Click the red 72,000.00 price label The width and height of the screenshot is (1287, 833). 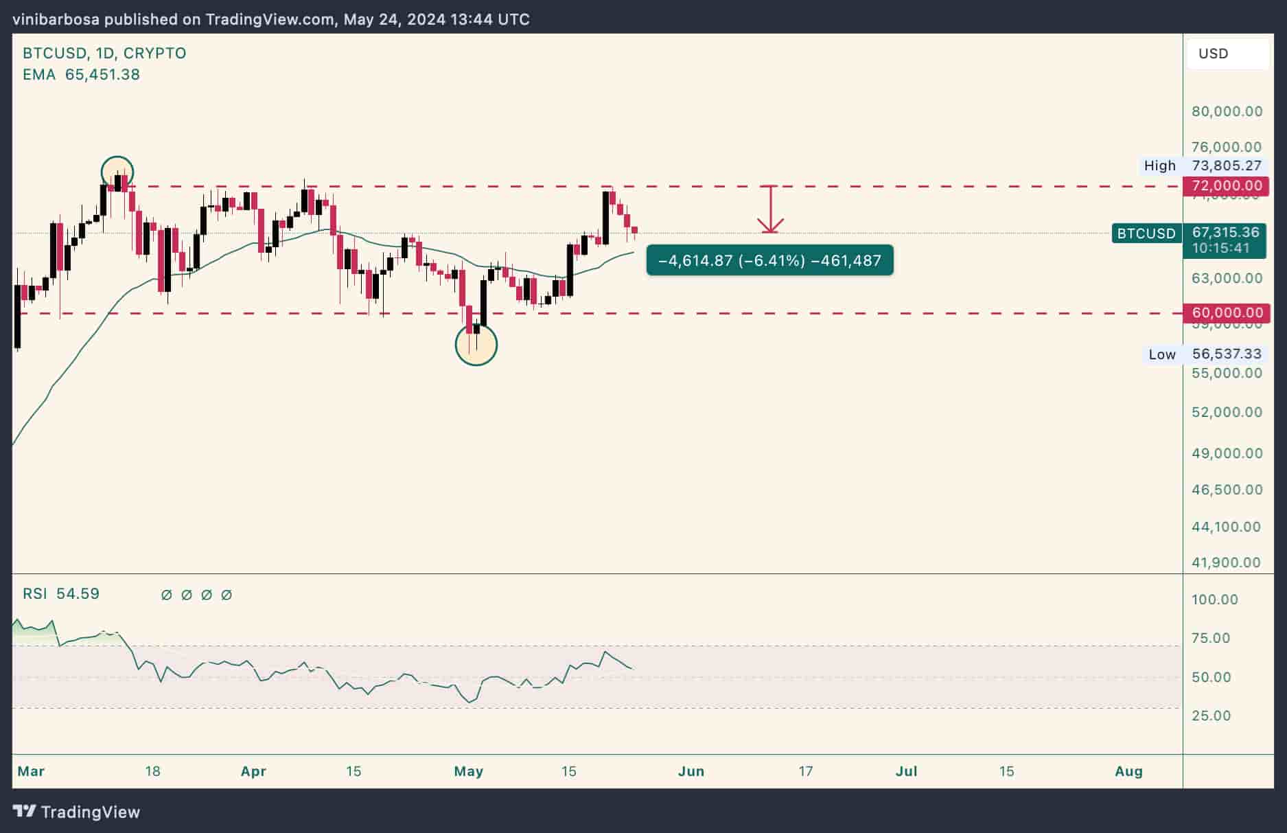1226,185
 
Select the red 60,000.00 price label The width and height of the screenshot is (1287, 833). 1226,313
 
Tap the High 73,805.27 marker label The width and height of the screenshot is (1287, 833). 1202,166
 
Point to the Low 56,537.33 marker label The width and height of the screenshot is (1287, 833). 1205,354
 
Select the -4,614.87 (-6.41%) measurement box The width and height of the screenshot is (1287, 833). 769,261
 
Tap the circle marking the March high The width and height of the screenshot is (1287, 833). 117,172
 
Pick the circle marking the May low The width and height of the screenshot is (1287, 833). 476,345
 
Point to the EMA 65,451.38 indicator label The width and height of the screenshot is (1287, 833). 81,75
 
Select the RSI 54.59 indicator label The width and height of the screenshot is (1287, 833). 61,594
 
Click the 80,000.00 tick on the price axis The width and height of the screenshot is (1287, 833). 1227,111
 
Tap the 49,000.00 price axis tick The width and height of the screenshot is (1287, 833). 1227,453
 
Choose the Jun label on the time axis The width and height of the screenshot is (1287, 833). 691,771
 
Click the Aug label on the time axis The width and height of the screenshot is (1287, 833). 1128,771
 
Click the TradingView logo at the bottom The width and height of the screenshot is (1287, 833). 77,812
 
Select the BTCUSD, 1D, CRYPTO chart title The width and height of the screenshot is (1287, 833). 104,54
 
